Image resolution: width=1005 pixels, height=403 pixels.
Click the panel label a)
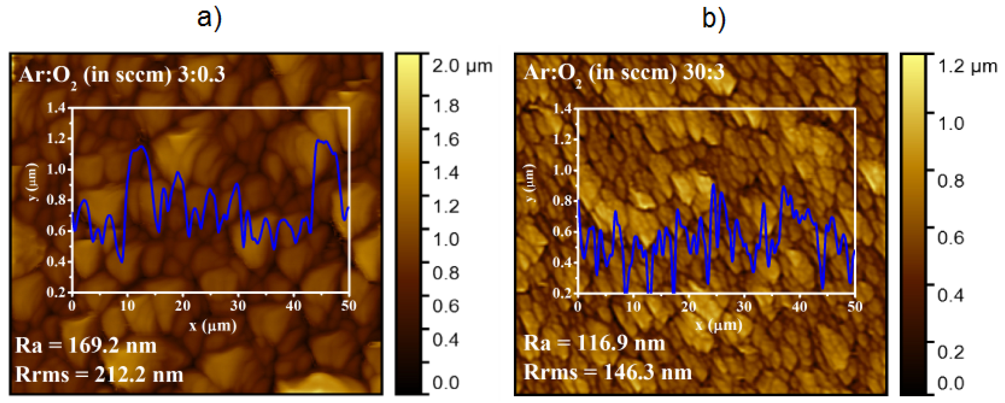pos(209,19)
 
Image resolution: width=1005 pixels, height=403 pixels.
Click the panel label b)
pos(714,19)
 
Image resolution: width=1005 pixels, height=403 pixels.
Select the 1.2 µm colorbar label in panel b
pos(967,67)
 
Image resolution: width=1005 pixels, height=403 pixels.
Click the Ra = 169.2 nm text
pos(86,345)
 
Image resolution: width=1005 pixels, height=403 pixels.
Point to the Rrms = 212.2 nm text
pos(99,374)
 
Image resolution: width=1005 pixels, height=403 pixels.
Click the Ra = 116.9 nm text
pos(594,343)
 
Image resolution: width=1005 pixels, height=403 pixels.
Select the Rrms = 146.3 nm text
pos(607,372)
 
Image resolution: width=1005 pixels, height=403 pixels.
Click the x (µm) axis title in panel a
pos(213,325)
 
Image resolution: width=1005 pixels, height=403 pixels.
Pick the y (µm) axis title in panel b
pos(529,183)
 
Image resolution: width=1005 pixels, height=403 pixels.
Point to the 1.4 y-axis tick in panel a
pos(56,108)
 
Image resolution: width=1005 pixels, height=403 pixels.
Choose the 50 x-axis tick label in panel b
pos(854,307)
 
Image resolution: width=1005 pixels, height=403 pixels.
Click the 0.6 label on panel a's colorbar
pos(446,306)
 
